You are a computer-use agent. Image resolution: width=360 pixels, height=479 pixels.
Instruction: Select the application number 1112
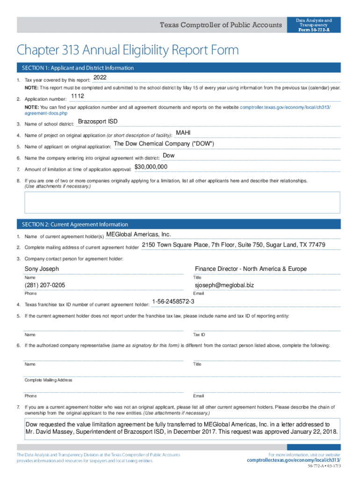click(77, 97)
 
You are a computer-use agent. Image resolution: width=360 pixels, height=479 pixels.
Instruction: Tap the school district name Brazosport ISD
click(98, 122)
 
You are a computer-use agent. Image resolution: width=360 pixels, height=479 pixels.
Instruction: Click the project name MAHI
click(183, 133)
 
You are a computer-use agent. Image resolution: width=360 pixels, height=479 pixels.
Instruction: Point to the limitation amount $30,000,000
click(151, 167)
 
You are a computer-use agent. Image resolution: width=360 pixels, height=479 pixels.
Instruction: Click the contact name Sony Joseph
click(42, 269)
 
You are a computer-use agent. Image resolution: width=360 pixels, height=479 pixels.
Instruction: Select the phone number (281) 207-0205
click(45, 285)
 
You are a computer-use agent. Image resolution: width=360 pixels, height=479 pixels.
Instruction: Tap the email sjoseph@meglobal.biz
click(224, 285)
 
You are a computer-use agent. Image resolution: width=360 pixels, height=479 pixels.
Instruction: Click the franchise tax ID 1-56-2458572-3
click(173, 302)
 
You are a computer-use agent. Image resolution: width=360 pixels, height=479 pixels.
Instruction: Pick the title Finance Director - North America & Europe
click(251, 269)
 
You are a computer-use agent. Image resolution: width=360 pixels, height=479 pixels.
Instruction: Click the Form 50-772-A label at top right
click(314, 29)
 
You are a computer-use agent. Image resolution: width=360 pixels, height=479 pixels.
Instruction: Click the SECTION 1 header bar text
click(75, 68)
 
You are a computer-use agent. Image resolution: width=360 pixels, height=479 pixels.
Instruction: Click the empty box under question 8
click(182, 202)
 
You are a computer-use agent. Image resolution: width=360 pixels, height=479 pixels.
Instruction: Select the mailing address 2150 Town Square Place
click(234, 245)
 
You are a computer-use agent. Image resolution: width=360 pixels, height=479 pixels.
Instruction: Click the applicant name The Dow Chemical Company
click(164, 144)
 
